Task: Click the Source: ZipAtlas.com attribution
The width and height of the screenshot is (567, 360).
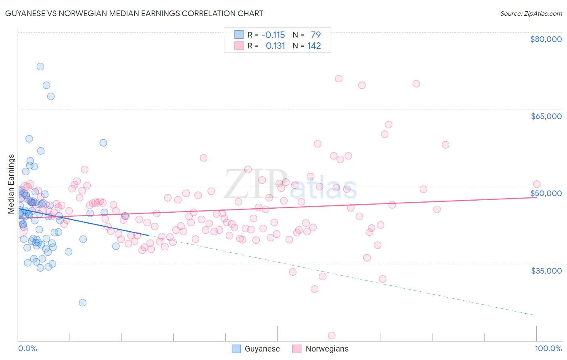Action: click(531, 13)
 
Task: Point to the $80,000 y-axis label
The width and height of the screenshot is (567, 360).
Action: click(546, 39)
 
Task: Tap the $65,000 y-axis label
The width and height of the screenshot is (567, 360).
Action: click(546, 116)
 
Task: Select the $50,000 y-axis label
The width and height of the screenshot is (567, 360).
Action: click(546, 193)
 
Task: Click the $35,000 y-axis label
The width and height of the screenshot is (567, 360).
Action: click(546, 270)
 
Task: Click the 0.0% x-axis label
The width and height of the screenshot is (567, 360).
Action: click(27, 348)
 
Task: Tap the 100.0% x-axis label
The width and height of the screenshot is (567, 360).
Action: click(548, 348)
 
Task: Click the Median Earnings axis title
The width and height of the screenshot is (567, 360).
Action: click(11, 184)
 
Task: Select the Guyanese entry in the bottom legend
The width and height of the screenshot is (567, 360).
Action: click(262, 349)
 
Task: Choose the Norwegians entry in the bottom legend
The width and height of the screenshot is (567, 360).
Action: click(327, 349)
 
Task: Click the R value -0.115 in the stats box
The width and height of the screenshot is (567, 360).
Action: click(273, 35)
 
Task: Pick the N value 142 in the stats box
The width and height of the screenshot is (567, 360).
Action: click(314, 46)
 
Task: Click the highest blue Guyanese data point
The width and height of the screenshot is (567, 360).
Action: click(40, 67)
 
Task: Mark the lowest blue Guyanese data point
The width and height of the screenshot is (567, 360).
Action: click(83, 303)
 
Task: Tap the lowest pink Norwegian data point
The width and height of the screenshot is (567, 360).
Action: click(332, 335)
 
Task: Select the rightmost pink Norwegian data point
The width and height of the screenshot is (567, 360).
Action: click(536, 184)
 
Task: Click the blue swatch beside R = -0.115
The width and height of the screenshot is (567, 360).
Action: click(239, 35)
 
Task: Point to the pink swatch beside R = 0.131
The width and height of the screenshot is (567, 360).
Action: click(239, 46)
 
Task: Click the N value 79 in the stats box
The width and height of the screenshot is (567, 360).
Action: click(316, 35)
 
